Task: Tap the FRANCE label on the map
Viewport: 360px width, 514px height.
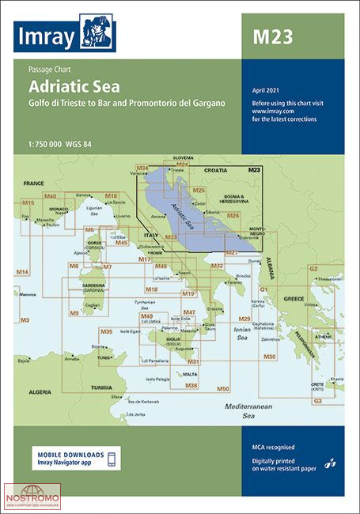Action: [34, 183]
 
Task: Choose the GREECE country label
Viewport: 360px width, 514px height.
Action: [294, 299]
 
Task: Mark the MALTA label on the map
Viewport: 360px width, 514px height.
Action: [189, 373]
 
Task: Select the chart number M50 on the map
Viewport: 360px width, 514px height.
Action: [223, 389]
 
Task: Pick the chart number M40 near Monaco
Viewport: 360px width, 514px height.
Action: [51, 195]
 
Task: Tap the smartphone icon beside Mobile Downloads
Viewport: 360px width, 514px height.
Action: [112, 458]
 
